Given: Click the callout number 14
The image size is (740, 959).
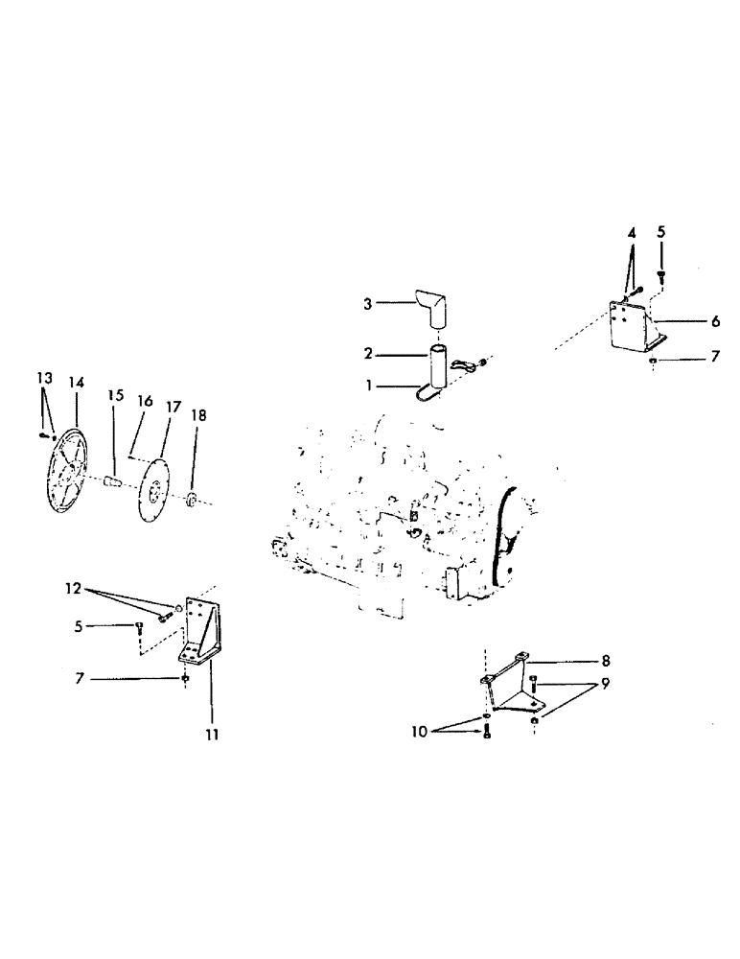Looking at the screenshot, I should click(76, 383).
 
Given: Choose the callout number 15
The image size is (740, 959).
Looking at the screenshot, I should click(116, 395).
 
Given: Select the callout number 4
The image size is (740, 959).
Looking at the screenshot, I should click(632, 233).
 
